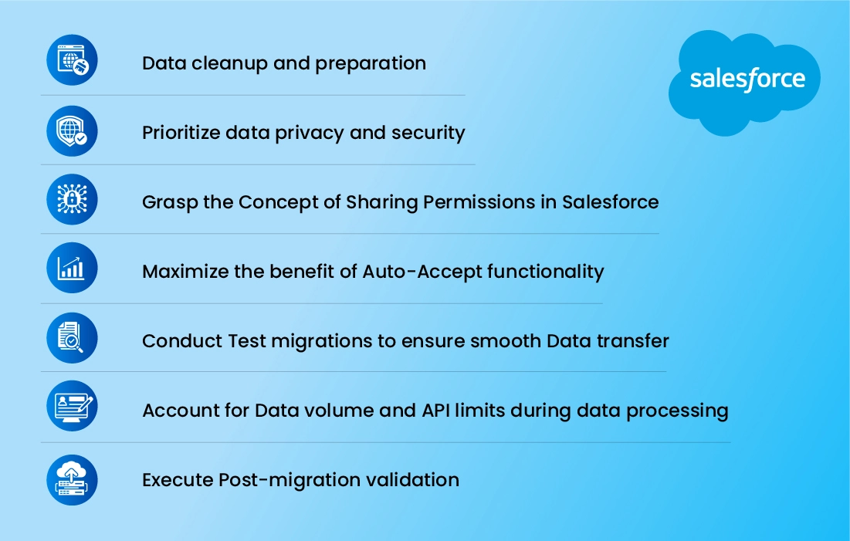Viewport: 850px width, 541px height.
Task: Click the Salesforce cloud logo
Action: pyautogui.click(x=744, y=83)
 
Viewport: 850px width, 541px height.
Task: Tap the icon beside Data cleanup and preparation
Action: pyautogui.click(x=72, y=60)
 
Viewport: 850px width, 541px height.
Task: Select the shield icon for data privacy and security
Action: pyautogui.click(x=72, y=131)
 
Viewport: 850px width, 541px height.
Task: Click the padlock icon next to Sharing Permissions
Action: pyautogui.click(x=72, y=199)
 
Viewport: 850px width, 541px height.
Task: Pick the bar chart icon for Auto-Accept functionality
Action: pyautogui.click(x=72, y=268)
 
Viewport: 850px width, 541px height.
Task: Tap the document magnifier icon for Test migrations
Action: pyautogui.click(x=72, y=338)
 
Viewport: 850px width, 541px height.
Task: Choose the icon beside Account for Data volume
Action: pyautogui.click(x=72, y=406)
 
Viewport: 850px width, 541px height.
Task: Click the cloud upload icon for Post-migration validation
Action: pyautogui.click(x=72, y=480)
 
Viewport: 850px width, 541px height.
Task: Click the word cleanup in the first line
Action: pyautogui.click(x=229, y=64)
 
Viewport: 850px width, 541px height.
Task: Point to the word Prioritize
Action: pyautogui.click(x=181, y=133)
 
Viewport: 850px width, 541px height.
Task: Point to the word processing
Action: pyautogui.click(x=677, y=411)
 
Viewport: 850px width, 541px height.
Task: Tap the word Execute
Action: pyautogui.click(x=178, y=480)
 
